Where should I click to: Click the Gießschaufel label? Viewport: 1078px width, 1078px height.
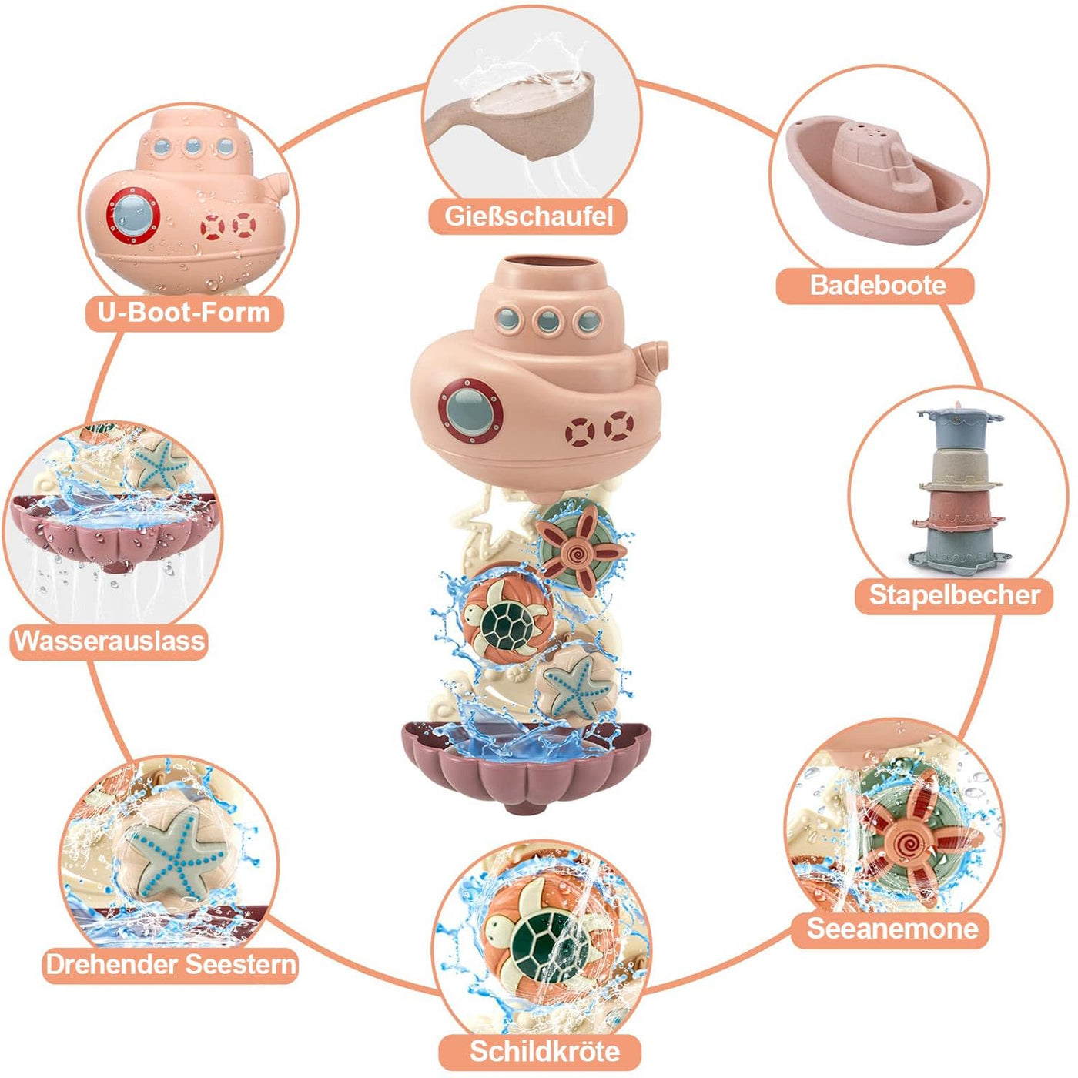pyautogui.click(x=529, y=216)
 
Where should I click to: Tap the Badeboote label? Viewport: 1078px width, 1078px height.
pyautogui.click(x=877, y=286)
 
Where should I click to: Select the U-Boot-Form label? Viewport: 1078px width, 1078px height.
pyautogui.click(x=184, y=313)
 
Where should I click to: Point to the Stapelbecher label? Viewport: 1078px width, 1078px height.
pyautogui.click(x=954, y=595)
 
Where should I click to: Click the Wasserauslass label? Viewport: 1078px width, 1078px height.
pyautogui.click(x=109, y=641)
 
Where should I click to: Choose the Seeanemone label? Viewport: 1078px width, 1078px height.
pyautogui.click(x=892, y=929)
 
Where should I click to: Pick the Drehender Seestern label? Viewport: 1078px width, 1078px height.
pyautogui.click(x=171, y=964)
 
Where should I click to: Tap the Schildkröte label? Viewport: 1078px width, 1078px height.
pyautogui.click(x=544, y=1051)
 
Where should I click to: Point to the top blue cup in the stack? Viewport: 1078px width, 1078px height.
pyautogui.click(x=959, y=428)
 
